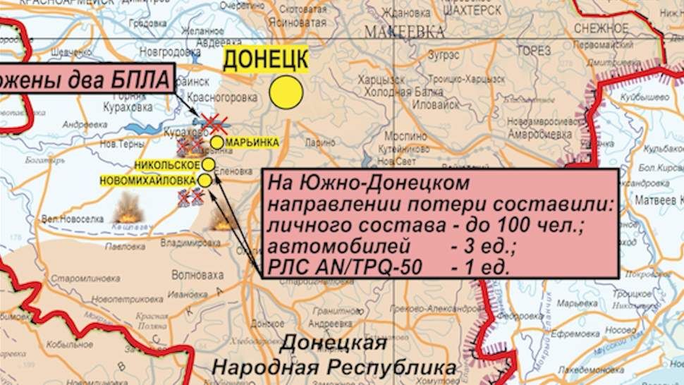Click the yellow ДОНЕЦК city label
pos(265,61)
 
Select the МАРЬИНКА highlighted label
pos(252,142)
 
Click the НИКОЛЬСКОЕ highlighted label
pos(169,165)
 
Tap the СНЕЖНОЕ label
pos(601,28)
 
